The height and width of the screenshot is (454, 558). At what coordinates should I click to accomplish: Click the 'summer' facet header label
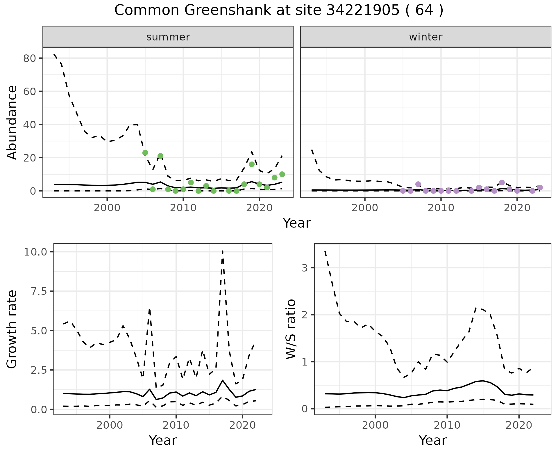pyautogui.click(x=168, y=37)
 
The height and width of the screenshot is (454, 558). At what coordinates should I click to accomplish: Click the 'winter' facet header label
pyautogui.click(x=425, y=37)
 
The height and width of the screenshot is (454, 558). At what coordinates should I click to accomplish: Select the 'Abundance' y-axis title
pyautogui.click(x=12, y=123)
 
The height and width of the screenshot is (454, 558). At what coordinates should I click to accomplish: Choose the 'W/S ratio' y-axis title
pyautogui.click(x=291, y=329)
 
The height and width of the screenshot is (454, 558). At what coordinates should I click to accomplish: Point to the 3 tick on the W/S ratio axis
pyautogui.click(x=304, y=268)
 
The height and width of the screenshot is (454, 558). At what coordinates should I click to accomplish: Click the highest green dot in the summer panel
pyautogui.click(x=145, y=153)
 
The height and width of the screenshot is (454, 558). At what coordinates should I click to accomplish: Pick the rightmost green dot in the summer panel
pyautogui.click(x=282, y=174)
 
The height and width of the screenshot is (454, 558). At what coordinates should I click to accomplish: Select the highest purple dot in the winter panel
pyautogui.click(x=502, y=183)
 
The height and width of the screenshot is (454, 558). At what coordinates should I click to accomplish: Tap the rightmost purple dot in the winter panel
pyautogui.click(x=540, y=187)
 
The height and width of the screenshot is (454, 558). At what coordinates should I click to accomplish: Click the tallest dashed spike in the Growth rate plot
pyautogui.click(x=222, y=251)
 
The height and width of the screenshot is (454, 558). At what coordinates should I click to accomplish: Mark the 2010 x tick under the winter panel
pyautogui.click(x=441, y=208)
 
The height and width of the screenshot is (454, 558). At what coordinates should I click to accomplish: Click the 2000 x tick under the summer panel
pyautogui.click(x=107, y=208)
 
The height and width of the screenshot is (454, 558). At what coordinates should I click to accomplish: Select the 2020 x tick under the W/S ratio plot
pyautogui.click(x=519, y=425)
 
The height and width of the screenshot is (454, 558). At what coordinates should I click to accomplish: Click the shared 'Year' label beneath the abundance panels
pyautogui.click(x=296, y=223)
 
